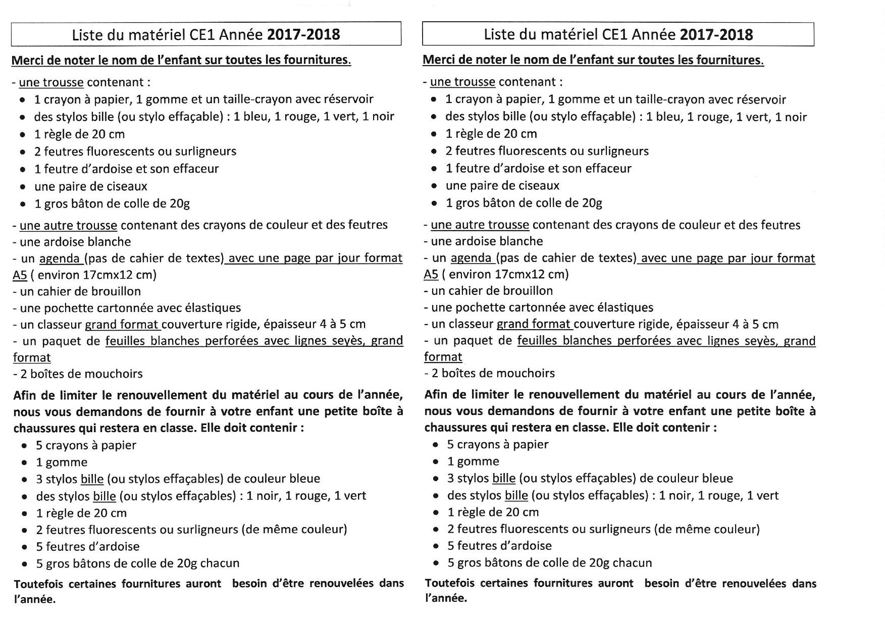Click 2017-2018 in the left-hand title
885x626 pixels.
click(x=303, y=34)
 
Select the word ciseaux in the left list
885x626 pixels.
click(x=127, y=186)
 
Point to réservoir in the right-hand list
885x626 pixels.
click(x=761, y=99)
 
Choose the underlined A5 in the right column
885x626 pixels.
click(x=431, y=275)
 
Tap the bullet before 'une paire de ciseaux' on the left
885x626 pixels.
click(x=23, y=187)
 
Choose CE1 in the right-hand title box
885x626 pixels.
click(x=614, y=34)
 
